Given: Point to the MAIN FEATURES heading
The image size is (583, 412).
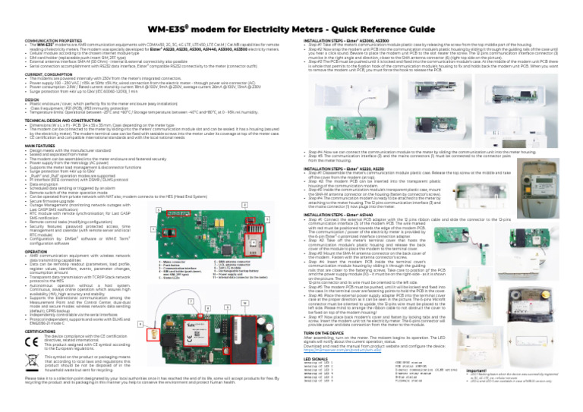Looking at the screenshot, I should click(x=22, y=125).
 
